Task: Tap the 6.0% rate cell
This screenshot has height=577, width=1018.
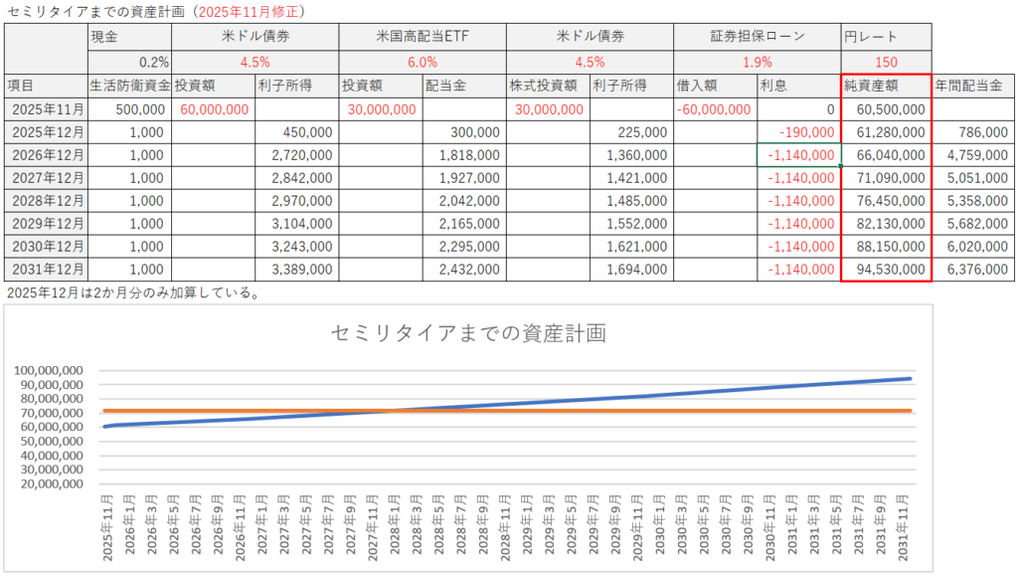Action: pos(422,61)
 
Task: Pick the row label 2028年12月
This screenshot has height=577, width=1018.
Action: pos(47,199)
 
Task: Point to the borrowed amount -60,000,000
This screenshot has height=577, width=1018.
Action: pos(714,109)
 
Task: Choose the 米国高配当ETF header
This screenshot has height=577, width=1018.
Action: pos(422,37)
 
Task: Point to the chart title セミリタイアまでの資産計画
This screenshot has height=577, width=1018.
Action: pos(468,333)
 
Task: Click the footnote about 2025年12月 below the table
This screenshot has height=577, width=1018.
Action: pos(132,292)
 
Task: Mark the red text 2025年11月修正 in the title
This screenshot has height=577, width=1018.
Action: pos(249,12)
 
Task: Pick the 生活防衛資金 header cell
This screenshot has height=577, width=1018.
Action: pos(129,86)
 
